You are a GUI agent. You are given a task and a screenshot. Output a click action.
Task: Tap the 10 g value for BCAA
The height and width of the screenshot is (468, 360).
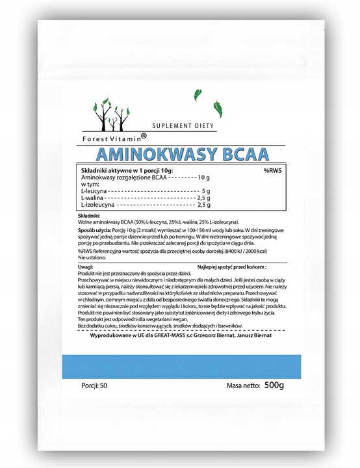click(x=205, y=177)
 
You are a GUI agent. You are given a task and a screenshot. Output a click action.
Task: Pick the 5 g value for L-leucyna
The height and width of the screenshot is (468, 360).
click(x=205, y=191)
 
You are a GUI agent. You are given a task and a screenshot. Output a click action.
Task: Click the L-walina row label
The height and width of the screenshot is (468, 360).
click(x=90, y=198)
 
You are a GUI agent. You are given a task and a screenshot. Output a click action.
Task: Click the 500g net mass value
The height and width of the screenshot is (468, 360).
click(x=272, y=385)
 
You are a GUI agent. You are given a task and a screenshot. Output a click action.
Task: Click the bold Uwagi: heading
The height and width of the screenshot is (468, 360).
click(x=85, y=266)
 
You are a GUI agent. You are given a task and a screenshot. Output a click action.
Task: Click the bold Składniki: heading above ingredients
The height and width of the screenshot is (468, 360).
click(x=88, y=214)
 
